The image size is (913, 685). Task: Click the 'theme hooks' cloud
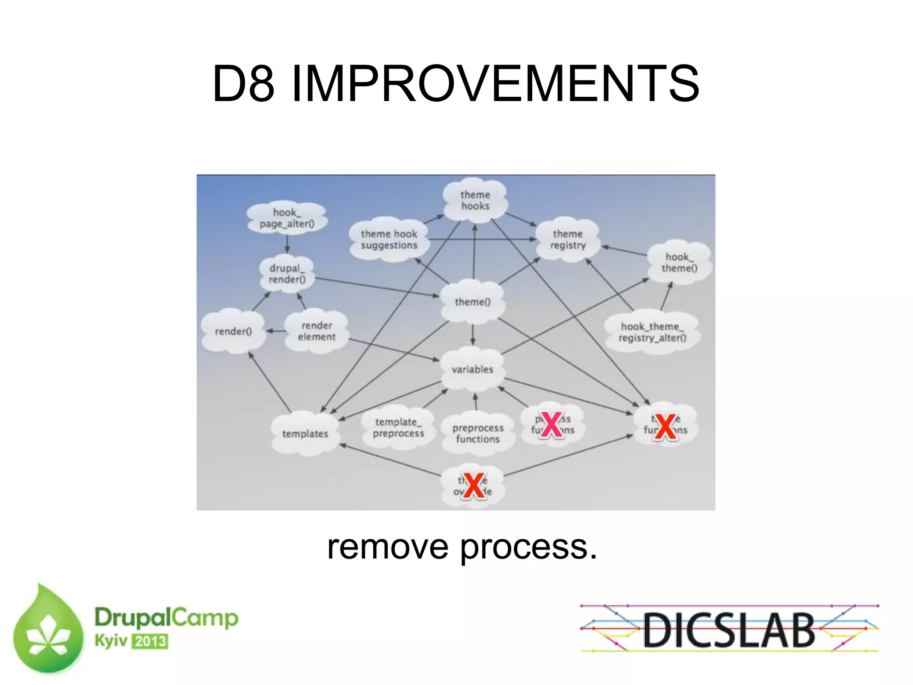475,200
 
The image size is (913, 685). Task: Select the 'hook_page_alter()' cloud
287,218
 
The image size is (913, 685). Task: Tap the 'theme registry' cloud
568,239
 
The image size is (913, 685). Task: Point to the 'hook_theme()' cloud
679,263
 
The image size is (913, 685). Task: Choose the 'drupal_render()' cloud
287,274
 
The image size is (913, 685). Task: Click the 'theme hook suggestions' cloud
389,239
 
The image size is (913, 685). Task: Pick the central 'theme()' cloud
473,302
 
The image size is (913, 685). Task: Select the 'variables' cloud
473,369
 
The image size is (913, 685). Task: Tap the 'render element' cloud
317,331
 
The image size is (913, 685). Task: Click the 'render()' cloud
233,331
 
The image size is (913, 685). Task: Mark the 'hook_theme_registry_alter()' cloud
652,332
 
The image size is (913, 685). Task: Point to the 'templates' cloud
305,434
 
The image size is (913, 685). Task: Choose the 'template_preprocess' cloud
398,427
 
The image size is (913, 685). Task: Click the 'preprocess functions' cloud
477,433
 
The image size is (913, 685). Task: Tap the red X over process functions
552,425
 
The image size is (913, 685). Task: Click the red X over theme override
473,485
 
